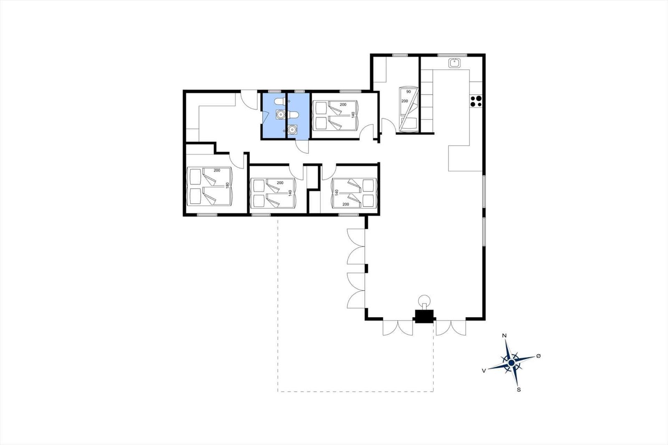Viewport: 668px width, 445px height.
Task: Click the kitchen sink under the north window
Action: (x=454, y=63)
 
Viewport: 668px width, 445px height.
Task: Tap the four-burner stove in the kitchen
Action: (x=476, y=101)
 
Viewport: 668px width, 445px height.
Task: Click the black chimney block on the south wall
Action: (x=424, y=317)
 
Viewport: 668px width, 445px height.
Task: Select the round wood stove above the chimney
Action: (x=425, y=299)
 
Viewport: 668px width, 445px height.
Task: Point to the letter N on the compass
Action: (x=504, y=336)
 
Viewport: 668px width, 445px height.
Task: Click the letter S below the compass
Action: (x=519, y=390)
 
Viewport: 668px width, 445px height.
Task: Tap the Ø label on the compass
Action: (x=538, y=356)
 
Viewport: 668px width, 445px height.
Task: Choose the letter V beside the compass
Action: (x=483, y=370)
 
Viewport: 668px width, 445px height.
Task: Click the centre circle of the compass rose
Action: (x=511, y=363)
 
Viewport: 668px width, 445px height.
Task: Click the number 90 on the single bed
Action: (x=408, y=92)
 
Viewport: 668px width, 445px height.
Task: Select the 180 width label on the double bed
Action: (x=228, y=185)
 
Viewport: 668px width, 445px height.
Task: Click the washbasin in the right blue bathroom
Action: (x=292, y=130)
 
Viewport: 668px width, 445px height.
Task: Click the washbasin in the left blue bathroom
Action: (x=281, y=114)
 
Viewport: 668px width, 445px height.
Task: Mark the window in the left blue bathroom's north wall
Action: (x=274, y=91)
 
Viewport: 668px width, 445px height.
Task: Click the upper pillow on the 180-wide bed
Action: (x=195, y=176)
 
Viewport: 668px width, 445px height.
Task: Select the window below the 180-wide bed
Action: (x=207, y=215)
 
